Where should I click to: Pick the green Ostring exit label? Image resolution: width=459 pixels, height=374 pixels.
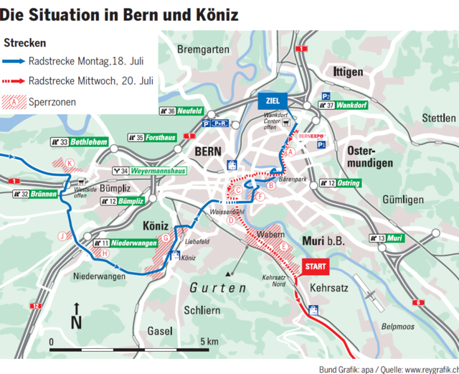[349, 183]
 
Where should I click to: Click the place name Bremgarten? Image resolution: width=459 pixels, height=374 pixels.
[202, 50]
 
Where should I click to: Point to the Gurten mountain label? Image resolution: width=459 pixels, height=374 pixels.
[218, 288]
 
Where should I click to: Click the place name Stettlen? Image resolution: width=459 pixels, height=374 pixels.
[438, 118]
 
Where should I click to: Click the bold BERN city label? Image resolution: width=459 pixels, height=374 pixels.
[208, 151]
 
